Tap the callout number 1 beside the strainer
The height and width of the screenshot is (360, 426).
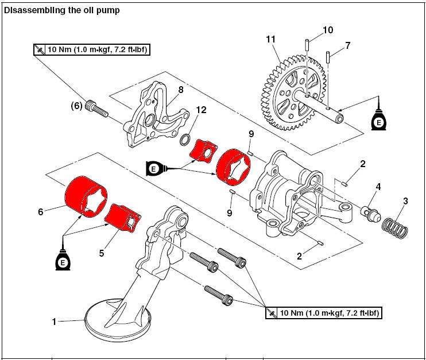tap(55, 322)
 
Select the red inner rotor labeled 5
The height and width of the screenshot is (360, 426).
tap(125, 218)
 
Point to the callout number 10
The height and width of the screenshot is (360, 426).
tap(327, 29)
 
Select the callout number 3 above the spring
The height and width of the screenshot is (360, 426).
tap(405, 201)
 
